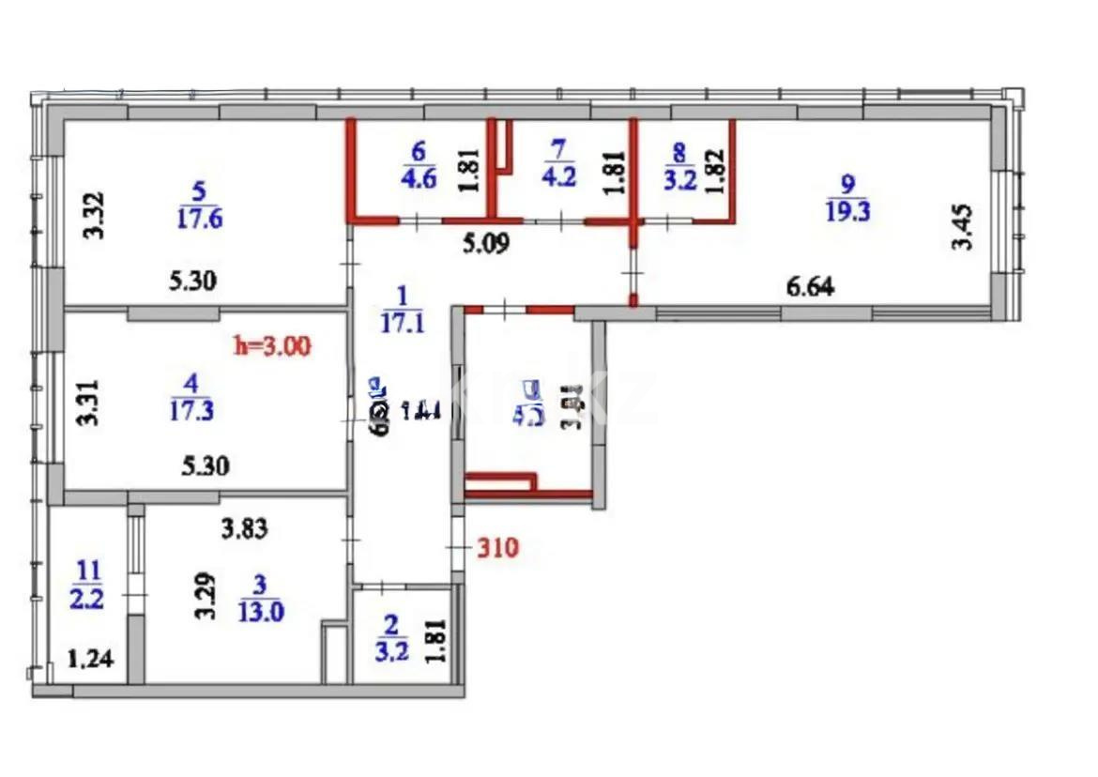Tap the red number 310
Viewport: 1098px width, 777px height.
pyautogui.click(x=497, y=547)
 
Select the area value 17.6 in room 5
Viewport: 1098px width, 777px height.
pyautogui.click(x=198, y=219)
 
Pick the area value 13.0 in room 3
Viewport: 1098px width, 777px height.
pyautogui.click(x=259, y=612)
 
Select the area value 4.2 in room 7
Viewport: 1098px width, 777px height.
pyautogui.click(x=559, y=176)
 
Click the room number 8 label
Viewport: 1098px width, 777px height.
pyautogui.click(x=680, y=149)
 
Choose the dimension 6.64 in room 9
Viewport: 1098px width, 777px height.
pyautogui.click(x=809, y=287)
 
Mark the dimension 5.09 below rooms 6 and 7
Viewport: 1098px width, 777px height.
pyautogui.click(x=487, y=246)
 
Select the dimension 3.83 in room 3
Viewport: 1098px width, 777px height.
pyautogui.click(x=245, y=529)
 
